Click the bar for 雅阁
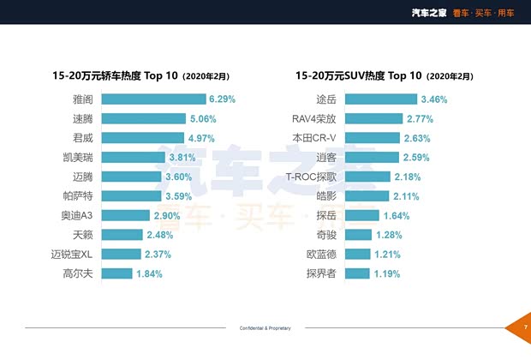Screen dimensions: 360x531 158,99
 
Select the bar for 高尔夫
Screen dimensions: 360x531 122,273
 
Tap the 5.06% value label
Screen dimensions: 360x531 200,119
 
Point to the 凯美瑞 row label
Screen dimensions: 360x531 88,158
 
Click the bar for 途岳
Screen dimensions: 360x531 394,99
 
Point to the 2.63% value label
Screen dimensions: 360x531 418,138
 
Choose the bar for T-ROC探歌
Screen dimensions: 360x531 381,177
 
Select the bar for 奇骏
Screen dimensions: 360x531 360,235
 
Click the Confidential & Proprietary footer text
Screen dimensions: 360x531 265,328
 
